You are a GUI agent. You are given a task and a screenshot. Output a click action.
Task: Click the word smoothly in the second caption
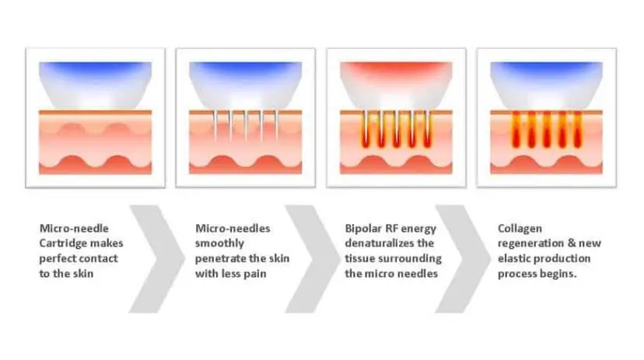tap(220, 244)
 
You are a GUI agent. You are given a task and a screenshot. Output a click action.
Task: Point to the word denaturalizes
tap(379, 243)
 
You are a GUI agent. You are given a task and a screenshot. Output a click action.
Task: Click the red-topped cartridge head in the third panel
tap(396, 85)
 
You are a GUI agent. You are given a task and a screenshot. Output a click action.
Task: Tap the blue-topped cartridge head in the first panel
tap(96, 85)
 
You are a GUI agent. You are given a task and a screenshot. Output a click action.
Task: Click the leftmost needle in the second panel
tap(215, 125)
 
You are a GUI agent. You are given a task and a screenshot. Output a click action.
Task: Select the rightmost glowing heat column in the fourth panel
tap(578, 129)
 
